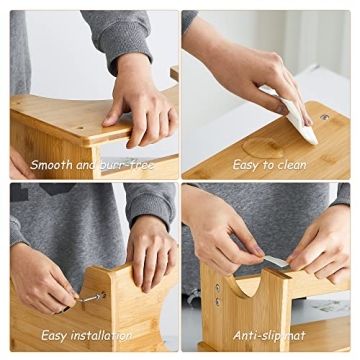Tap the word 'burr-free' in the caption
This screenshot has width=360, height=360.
point(129,164)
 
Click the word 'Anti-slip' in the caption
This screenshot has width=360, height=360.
point(261,337)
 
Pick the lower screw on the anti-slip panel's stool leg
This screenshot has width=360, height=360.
point(217,302)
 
